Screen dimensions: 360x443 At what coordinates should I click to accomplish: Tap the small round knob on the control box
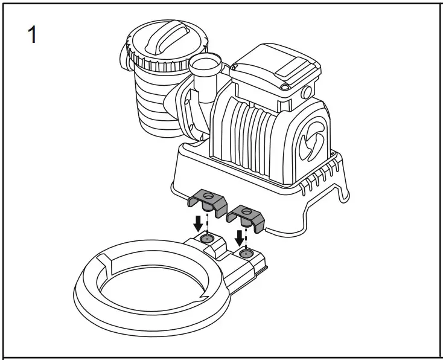tap(307, 92)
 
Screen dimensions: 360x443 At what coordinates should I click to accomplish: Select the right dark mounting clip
tap(247, 215)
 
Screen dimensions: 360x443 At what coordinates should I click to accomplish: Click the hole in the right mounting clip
tap(247, 211)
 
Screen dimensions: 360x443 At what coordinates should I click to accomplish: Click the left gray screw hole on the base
tap(206, 239)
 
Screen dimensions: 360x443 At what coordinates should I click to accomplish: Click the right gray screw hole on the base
tap(244, 254)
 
